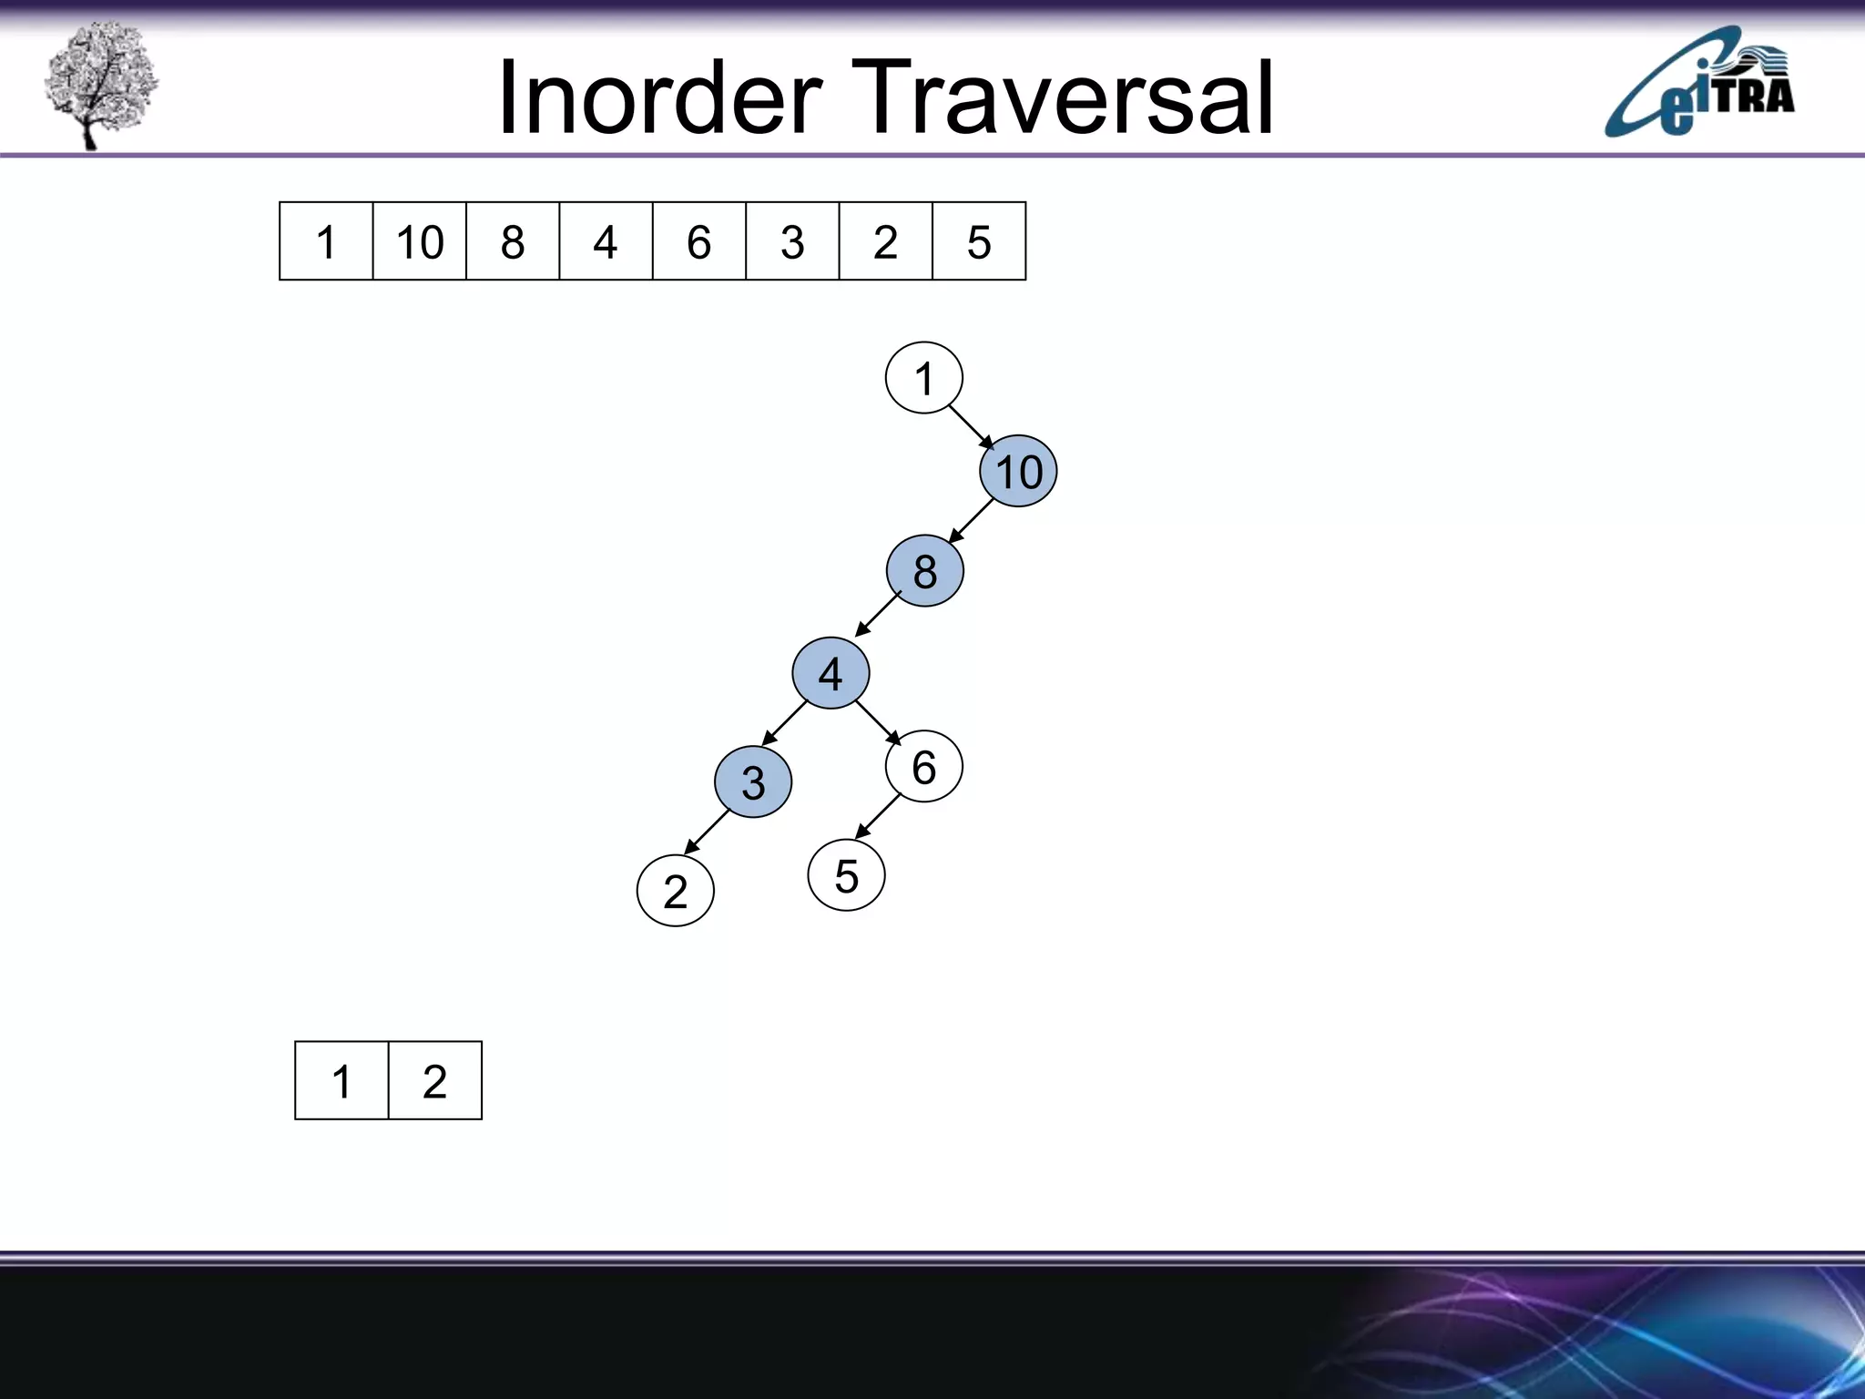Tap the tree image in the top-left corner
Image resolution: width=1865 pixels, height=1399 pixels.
[x=100, y=84]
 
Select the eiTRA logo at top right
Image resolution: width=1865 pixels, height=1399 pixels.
[x=1699, y=84]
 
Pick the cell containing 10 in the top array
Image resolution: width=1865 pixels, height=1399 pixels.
[x=419, y=241]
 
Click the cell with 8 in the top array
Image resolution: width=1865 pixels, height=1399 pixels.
[x=513, y=241]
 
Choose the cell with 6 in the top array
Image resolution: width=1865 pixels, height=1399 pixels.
[x=698, y=241]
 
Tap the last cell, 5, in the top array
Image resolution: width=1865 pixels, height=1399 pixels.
[x=979, y=241]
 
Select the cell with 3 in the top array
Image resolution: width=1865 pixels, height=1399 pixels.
[x=792, y=241]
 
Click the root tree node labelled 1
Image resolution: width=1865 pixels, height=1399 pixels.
[x=923, y=378]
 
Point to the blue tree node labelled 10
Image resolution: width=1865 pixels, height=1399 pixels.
[x=1018, y=471]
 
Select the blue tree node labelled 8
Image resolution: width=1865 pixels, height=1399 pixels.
[x=924, y=571]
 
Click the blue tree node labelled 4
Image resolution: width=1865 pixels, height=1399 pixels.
[x=831, y=673]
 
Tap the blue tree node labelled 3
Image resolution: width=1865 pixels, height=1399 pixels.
[x=753, y=781]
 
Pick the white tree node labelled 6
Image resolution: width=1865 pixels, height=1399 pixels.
[x=923, y=767]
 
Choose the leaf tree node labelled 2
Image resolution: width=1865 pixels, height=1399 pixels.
[x=675, y=891]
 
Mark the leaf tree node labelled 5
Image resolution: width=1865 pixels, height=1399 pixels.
[x=846, y=875]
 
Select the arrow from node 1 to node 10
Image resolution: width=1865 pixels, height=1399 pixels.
[x=972, y=427]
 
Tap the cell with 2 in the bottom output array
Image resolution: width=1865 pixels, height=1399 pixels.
[x=434, y=1081]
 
